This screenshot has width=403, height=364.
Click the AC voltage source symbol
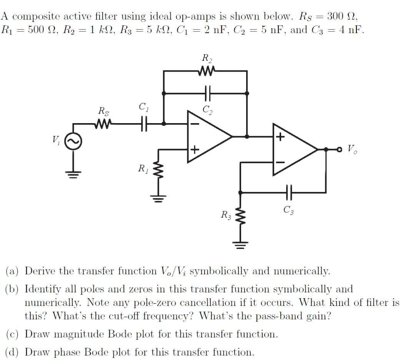73,144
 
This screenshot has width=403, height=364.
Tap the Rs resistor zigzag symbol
103,124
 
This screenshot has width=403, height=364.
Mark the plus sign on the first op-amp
195,149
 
